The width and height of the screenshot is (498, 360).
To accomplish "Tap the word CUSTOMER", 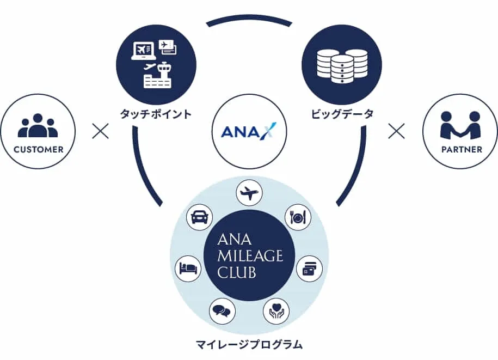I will [38, 149].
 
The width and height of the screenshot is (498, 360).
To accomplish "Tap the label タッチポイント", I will [156, 114].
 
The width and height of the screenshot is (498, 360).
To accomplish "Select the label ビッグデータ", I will [342, 114].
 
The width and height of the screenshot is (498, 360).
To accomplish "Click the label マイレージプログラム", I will [249, 344].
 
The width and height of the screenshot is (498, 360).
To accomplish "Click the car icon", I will [199, 217].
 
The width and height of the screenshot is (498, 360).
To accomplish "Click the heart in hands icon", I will [276, 312].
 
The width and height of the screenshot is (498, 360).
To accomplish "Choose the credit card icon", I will [309, 268].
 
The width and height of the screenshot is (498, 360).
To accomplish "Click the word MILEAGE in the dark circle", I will [250, 255].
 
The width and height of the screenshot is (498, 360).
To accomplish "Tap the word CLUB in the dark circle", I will [237, 272].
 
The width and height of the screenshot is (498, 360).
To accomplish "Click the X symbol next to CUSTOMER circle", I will [101, 131].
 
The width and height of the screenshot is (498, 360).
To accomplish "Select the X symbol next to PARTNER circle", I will [397, 131].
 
